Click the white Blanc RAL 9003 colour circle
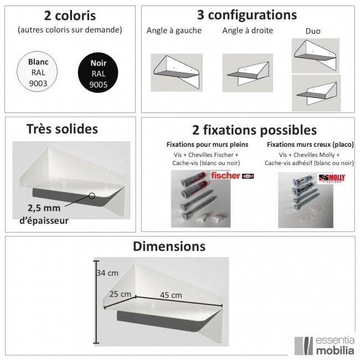click(x=37, y=71)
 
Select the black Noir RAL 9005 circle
click(x=98, y=73)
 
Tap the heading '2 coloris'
click(x=70, y=16)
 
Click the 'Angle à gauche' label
click(x=174, y=30)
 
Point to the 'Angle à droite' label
click(x=248, y=30)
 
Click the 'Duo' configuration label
click(x=313, y=31)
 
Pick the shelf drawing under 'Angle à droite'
click(x=248, y=73)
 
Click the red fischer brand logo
click(x=225, y=176)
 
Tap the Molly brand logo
click(x=332, y=178)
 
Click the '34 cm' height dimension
click(x=107, y=273)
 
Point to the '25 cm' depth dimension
click(x=120, y=294)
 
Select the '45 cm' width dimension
click(x=171, y=295)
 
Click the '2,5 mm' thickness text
click(x=44, y=208)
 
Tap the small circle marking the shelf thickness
click(x=92, y=196)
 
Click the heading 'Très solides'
click(x=62, y=129)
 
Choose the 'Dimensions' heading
click(x=169, y=246)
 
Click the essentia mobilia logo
click(x=324, y=346)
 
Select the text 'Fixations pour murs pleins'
click(x=207, y=145)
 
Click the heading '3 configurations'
click(x=247, y=15)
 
